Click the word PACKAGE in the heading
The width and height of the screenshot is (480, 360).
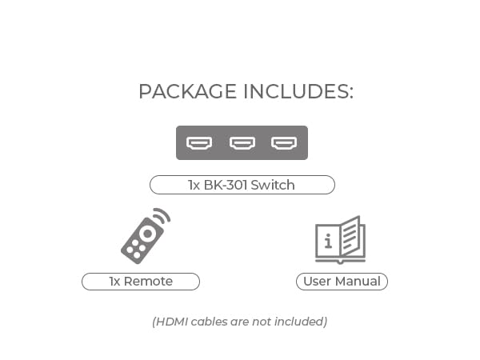188,91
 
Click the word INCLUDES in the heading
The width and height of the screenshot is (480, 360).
298,91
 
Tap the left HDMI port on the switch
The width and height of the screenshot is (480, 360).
199,143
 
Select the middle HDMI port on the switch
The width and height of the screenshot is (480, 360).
242,143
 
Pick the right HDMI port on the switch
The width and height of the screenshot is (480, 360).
284,143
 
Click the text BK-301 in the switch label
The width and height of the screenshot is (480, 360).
226,185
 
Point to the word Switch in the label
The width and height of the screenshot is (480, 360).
273,185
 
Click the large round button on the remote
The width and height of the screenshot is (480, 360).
147,234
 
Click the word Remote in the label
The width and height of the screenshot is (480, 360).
148,282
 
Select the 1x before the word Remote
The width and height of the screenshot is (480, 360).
114,282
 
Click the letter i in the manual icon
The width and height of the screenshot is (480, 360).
328,241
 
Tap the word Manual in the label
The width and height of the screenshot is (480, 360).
358,282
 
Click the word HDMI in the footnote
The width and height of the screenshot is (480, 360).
172,322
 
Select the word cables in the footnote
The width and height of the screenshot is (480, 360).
209,322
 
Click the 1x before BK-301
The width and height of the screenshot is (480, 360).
194,186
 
